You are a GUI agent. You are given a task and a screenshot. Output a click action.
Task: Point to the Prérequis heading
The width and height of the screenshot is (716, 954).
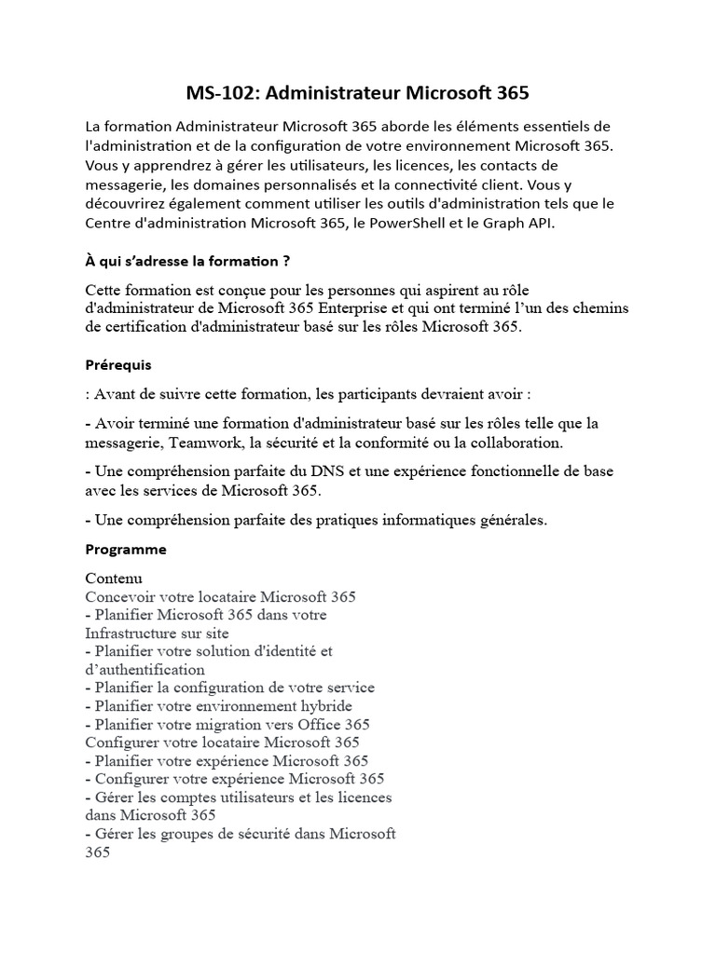click(117, 364)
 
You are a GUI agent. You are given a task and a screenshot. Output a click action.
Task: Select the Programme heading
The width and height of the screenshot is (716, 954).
click(126, 549)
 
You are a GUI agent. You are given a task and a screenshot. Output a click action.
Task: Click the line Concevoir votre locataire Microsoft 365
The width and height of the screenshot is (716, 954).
click(220, 596)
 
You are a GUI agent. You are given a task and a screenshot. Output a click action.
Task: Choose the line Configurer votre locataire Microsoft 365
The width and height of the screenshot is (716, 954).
click(222, 742)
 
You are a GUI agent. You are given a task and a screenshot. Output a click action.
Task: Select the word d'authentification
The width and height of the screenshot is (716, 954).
click(145, 669)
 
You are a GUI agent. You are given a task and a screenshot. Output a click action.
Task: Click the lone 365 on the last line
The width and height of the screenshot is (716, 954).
click(98, 851)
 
